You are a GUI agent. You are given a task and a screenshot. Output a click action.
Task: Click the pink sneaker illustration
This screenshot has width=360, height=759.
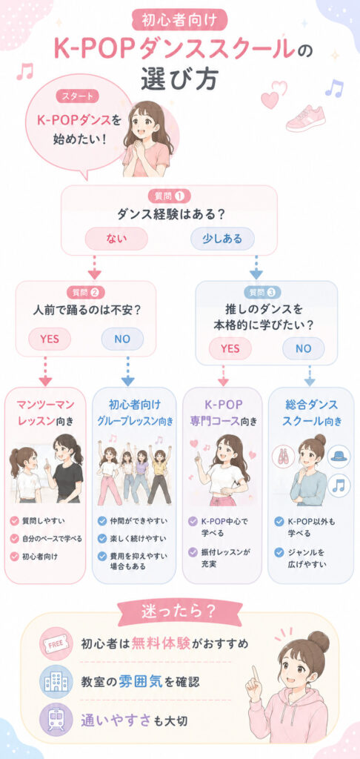pyautogui.click(x=305, y=118)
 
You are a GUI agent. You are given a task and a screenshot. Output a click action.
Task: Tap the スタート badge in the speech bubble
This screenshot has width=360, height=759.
pyautogui.click(x=78, y=96)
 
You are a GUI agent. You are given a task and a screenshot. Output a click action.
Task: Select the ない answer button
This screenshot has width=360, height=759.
pyautogui.click(x=116, y=239)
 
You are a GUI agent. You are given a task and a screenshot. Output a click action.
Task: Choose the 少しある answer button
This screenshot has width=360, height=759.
pyautogui.click(x=222, y=239)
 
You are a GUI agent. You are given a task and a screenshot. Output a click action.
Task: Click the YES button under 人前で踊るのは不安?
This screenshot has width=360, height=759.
pyautogui.click(x=50, y=339)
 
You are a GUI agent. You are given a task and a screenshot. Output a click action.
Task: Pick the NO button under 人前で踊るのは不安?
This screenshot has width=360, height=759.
pyautogui.click(x=122, y=339)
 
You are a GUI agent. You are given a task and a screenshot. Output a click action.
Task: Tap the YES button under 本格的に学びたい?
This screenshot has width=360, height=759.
pyautogui.click(x=230, y=348)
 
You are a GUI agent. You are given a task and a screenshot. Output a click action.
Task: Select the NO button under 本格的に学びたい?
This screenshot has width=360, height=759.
pyautogui.click(x=304, y=348)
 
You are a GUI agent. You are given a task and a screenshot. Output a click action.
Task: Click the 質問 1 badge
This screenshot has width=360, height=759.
pyautogui.click(x=168, y=196)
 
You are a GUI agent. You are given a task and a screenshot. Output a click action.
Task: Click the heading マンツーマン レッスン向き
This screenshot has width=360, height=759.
pyautogui.click(x=45, y=412)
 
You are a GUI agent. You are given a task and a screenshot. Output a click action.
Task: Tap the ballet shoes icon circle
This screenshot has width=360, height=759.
pyautogui.click(x=284, y=457)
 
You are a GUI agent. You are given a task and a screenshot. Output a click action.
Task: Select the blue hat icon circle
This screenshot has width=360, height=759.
pyautogui.click(x=339, y=456)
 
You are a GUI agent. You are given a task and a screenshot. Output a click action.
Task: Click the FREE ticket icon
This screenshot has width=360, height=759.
pyautogui.click(x=56, y=644)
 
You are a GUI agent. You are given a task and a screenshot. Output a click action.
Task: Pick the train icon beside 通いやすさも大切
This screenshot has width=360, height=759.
pyautogui.click(x=56, y=720)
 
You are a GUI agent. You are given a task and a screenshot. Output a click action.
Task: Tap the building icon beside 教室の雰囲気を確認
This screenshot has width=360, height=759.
pyautogui.click(x=56, y=682)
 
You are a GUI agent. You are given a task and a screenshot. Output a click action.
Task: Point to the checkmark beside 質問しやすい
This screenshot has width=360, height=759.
pyautogui.click(x=15, y=521)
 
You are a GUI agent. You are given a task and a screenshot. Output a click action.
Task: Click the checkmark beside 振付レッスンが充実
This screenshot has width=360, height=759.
pyautogui.click(x=193, y=551)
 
